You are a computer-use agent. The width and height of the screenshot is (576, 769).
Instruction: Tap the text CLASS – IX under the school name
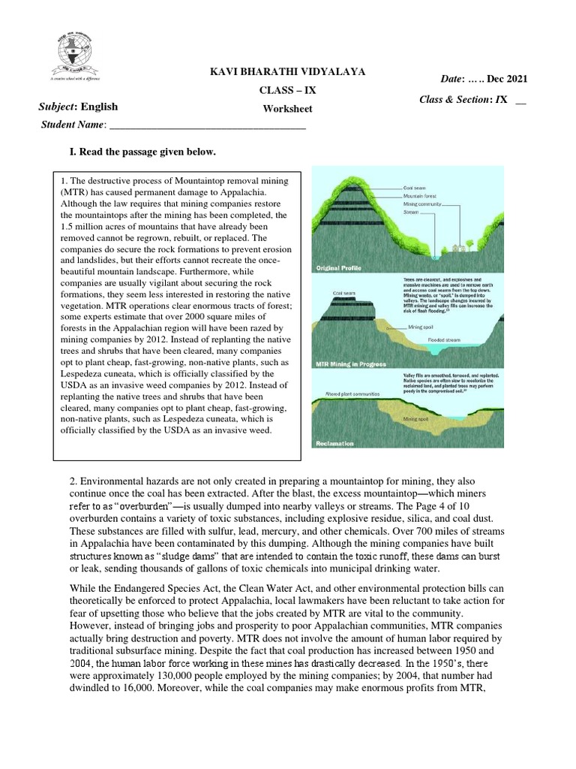click(287, 90)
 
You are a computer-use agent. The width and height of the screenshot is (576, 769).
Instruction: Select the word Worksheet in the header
click(287, 109)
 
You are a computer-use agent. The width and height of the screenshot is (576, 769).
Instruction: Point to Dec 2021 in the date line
click(505, 80)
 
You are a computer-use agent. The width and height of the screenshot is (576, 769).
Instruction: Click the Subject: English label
click(78, 107)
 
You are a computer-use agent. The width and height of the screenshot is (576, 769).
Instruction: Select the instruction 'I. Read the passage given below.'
click(142, 153)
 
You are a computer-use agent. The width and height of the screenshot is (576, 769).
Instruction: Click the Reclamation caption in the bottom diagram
click(334, 444)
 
